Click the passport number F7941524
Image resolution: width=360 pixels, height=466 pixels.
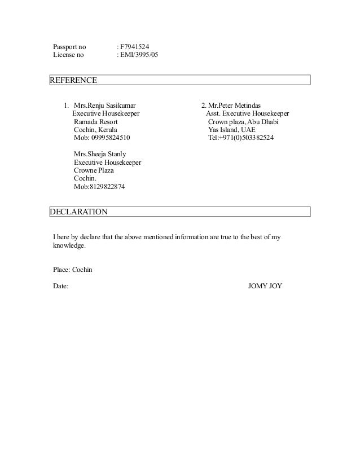134,46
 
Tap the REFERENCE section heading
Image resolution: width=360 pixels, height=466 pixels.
74,80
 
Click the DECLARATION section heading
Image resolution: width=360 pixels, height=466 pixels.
78,212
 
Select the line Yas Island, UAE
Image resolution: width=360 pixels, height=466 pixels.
231,130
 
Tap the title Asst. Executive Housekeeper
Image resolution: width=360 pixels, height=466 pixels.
247,113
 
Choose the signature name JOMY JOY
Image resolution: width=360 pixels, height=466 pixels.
265,286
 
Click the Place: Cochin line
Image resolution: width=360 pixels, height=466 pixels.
72,270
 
